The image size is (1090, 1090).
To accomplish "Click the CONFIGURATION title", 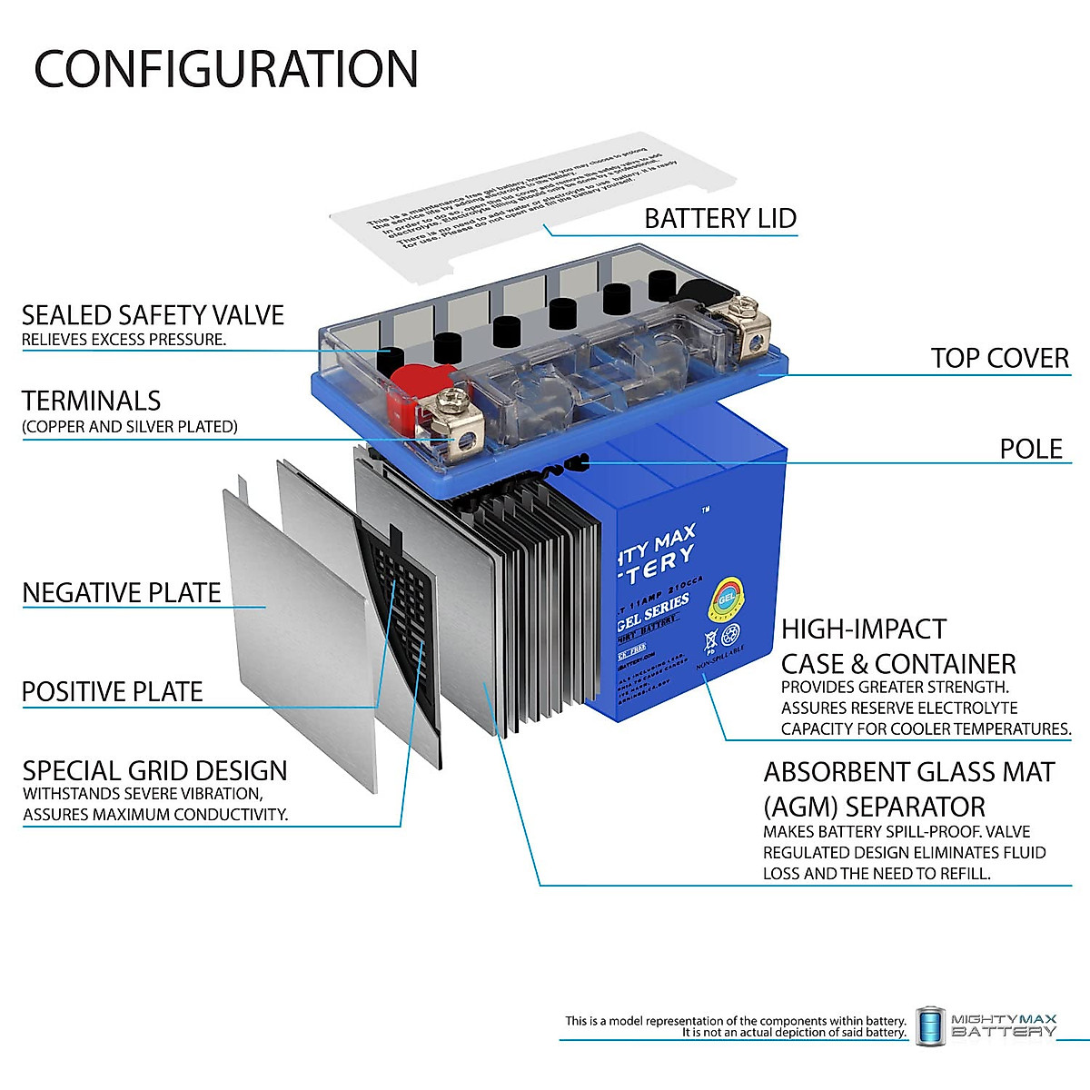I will click(225, 69).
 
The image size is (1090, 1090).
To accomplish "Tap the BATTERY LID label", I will click(719, 219).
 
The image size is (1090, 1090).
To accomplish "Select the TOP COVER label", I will click(999, 359).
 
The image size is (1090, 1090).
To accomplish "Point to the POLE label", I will click(1031, 449).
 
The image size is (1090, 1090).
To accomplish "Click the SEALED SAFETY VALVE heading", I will click(153, 315).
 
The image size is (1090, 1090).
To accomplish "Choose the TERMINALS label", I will click(91, 401).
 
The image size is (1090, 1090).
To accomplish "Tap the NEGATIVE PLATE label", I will click(122, 593).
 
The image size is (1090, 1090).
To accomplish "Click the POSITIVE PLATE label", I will click(112, 692).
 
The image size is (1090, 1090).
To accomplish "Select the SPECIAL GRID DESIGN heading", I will click(154, 771).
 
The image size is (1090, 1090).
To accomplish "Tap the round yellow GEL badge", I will click(725, 599).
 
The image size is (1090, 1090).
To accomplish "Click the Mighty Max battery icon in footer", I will click(929, 1026).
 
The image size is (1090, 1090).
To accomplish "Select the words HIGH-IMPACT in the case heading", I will click(863, 629).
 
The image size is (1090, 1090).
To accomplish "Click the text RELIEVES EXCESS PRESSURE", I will click(124, 340).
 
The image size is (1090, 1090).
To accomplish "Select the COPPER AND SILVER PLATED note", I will click(130, 427).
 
